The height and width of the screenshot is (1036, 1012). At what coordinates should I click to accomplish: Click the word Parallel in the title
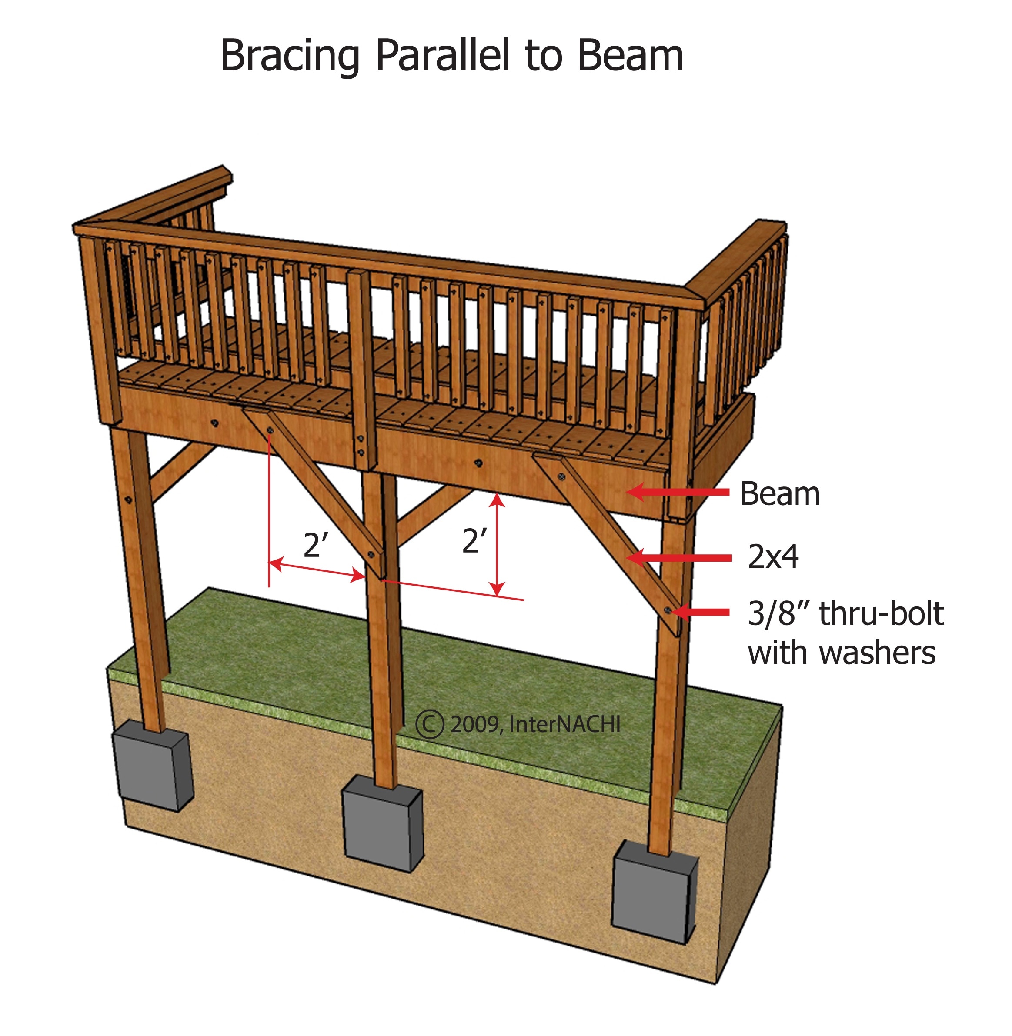pyautogui.click(x=442, y=54)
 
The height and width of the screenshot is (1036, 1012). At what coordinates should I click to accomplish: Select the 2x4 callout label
pyautogui.click(x=773, y=557)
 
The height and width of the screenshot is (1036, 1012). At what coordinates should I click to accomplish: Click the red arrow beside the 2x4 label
pyautogui.click(x=680, y=557)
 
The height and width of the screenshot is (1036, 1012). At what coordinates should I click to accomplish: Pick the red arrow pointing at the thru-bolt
pyautogui.click(x=701, y=612)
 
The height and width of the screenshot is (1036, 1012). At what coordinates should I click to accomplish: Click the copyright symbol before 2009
pyautogui.click(x=430, y=725)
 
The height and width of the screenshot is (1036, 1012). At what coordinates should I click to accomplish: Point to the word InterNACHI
pyautogui.click(x=565, y=724)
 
